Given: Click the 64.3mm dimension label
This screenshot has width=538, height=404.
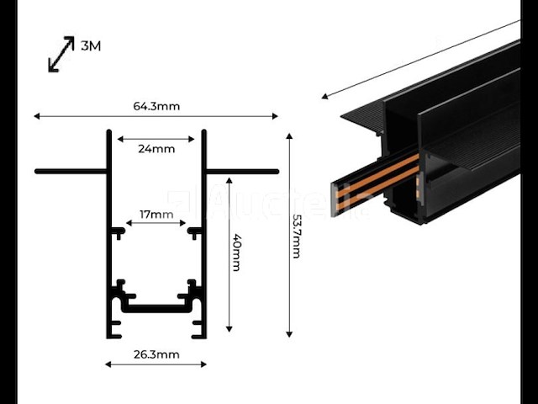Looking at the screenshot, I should pos(156,106).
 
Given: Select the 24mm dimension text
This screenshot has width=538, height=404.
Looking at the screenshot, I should pos(156,149).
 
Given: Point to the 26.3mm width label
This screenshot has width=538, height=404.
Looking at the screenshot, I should pos(156,354).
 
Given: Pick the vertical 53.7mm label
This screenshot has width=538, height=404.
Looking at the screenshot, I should pos(296,236).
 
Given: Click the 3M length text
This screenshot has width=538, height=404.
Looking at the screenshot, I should pos(91,46).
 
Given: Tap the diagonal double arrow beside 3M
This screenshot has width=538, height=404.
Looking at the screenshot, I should pos(59,53).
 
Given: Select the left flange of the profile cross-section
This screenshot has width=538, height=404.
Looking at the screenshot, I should pos(71,171).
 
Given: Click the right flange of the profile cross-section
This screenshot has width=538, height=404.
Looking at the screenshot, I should pos(243,171).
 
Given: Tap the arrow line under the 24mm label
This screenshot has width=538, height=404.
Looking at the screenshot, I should pos(156,139).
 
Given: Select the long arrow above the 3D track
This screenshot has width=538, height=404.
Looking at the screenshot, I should pos(420,59).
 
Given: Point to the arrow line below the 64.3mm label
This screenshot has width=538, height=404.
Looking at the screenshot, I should pos(156,116).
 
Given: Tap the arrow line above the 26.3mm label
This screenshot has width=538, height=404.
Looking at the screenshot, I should pos(156,364).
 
